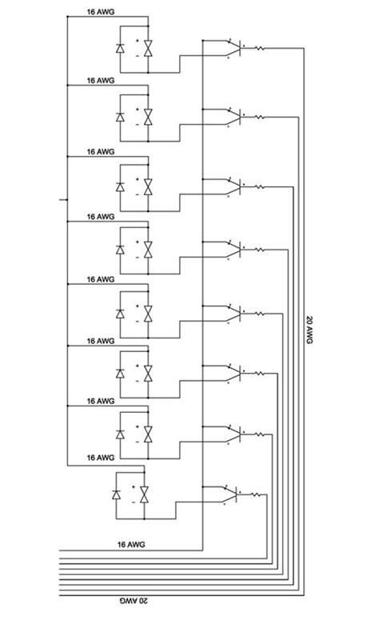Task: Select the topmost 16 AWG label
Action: point(101,14)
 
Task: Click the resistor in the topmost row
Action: point(261,49)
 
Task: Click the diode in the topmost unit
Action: point(120,50)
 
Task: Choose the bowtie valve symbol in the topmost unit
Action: point(147,50)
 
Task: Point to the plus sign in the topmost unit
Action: point(137,42)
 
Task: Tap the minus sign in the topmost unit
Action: point(137,57)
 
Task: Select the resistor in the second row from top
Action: point(261,118)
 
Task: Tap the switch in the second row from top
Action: point(230,115)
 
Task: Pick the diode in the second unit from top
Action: point(120,118)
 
